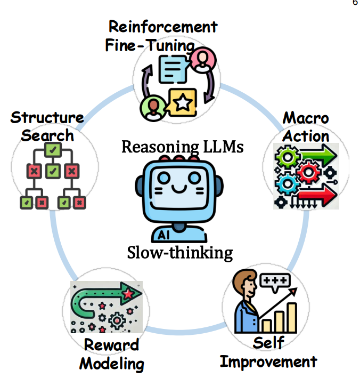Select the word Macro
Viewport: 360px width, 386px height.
coord(305,118)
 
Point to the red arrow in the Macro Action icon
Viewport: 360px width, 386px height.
coord(318,198)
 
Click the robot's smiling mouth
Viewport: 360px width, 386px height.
coord(179,189)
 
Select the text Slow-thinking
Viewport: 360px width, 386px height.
coord(180,252)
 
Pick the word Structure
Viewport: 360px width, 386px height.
coord(47,117)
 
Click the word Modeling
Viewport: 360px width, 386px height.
coord(112,364)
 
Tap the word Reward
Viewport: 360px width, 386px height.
coord(111,345)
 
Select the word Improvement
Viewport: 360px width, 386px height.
coord(268,362)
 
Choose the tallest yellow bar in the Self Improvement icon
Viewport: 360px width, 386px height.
coord(291,317)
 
